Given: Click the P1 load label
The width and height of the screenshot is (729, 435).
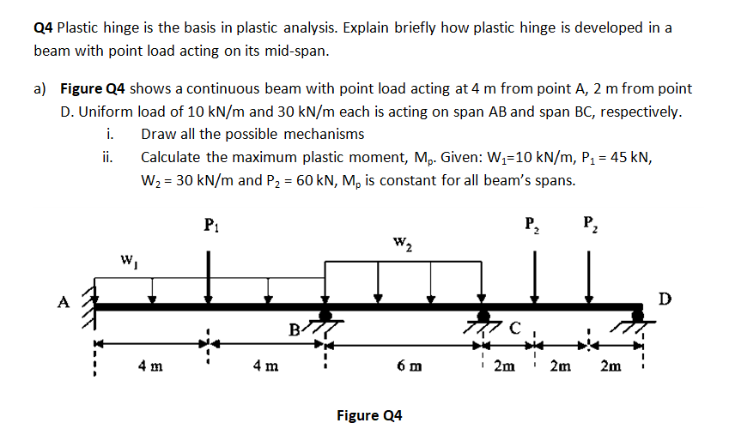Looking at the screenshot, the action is coord(210,226).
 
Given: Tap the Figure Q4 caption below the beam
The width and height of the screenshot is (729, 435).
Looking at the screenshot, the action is coord(369,415).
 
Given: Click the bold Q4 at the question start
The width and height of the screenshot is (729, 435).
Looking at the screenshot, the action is coord(43,27).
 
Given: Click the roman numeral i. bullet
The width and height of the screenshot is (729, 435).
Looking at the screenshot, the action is coord(108,134).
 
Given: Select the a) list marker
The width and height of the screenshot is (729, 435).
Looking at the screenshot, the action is coord(40,89).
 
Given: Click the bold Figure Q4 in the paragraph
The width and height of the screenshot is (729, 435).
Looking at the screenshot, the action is coord(94,89).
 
